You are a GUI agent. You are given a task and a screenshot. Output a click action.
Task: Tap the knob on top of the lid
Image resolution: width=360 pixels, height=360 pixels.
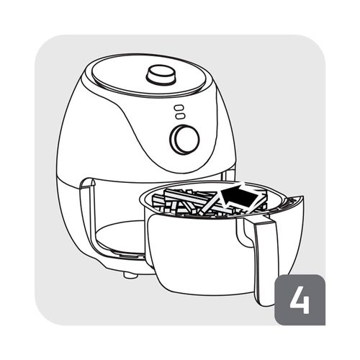[161, 74]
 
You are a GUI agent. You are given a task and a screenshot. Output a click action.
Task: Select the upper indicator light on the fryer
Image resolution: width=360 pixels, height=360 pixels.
[179, 107]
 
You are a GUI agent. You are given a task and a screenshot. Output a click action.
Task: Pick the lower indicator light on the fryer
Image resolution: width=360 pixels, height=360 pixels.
[180, 116]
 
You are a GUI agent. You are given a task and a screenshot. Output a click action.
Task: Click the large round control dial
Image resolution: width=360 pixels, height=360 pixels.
[184, 139]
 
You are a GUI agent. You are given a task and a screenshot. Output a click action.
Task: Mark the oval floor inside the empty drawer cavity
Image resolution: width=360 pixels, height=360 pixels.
[120, 236]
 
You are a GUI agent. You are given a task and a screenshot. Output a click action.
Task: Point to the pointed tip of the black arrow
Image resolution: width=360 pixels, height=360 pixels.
[221, 192]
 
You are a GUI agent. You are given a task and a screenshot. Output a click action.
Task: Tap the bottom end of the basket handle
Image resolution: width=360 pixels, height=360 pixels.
[265, 303]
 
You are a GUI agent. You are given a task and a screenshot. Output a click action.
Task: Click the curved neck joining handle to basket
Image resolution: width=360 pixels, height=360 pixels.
[246, 232]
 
